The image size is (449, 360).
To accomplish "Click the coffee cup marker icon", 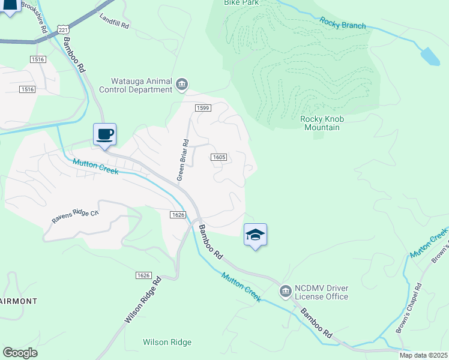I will (x=104, y=134).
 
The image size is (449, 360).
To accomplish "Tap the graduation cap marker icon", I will (x=255, y=234).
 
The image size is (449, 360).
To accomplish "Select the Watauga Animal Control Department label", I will (x=142, y=85).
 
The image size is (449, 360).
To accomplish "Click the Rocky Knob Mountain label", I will (x=320, y=123).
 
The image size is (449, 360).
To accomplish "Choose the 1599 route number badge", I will (x=202, y=107).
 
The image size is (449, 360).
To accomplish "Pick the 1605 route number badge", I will (x=218, y=157).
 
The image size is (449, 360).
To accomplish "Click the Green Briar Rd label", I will (x=182, y=160).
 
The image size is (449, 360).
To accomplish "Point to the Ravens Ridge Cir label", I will (x=74, y=217).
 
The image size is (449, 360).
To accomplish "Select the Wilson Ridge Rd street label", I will (x=143, y=301).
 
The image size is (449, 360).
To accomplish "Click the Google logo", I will (x=20, y=353).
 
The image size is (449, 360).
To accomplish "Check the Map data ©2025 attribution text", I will (x=423, y=355).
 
